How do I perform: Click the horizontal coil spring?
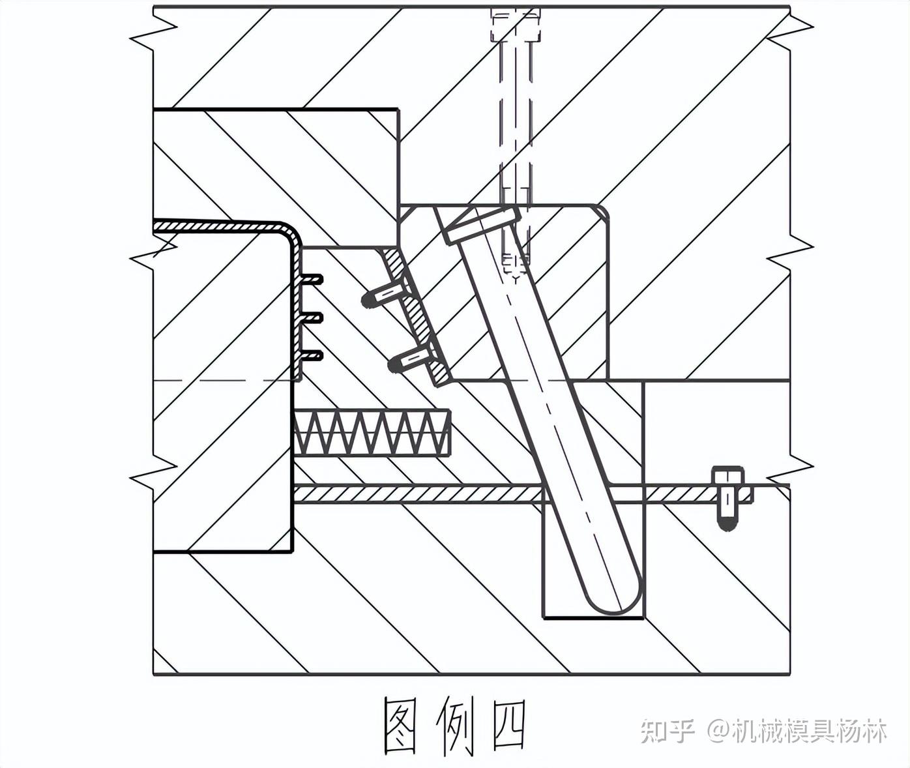click(372, 433)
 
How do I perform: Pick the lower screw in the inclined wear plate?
click(411, 361)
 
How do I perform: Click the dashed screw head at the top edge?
click(516, 25)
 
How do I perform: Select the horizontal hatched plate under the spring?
click(417, 494)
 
